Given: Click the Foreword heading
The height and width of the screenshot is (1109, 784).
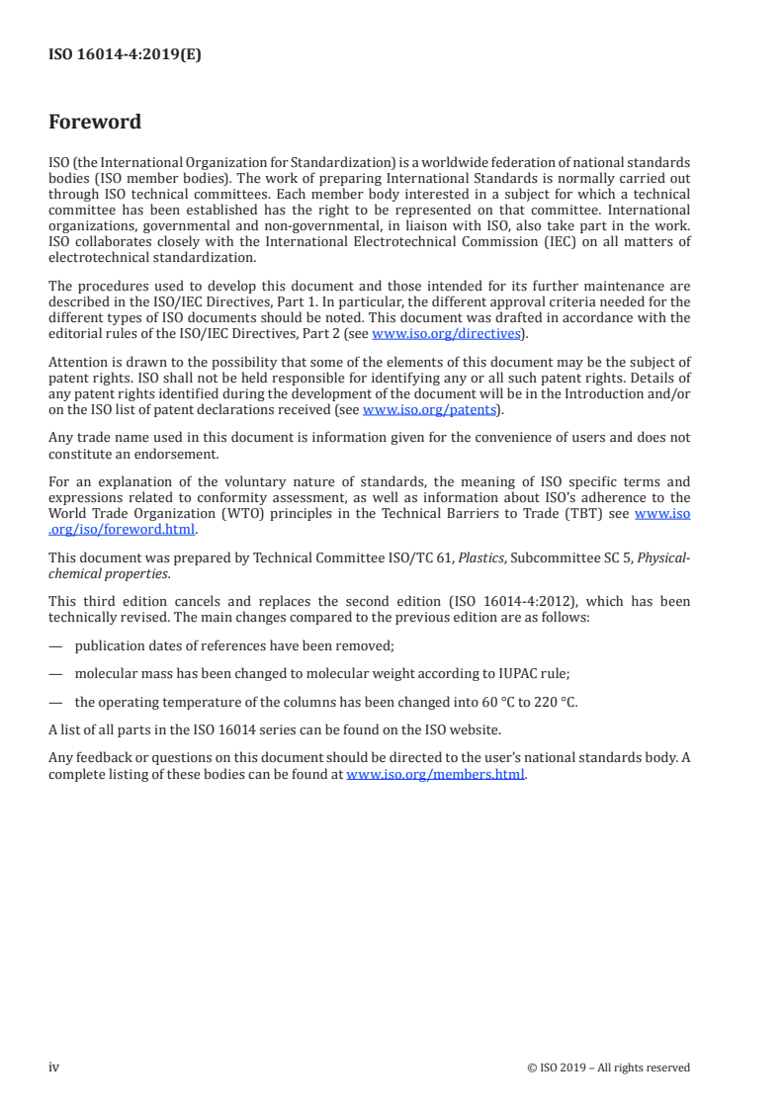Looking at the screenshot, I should point(95,123).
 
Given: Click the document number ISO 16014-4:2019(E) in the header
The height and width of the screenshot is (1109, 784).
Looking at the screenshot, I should point(125,55).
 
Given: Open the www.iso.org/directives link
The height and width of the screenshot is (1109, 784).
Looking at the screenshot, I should point(446,334).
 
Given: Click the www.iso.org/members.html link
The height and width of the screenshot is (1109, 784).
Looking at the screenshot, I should point(435,775).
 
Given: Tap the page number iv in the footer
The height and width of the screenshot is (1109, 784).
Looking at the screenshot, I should point(54,1066).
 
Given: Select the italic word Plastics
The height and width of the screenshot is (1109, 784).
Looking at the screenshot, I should point(480,557).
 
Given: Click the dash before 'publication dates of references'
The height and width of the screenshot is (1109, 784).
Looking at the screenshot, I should point(56,645).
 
